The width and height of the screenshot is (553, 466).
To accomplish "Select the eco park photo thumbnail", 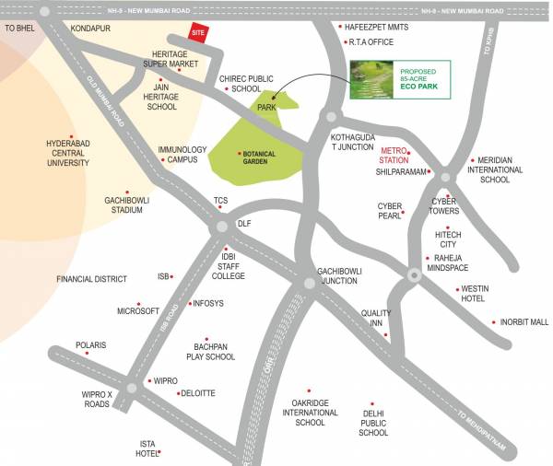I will pos(372,79).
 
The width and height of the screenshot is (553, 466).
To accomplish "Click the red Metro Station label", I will pos(394,155).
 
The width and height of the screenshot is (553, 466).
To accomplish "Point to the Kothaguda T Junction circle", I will pos(330,117).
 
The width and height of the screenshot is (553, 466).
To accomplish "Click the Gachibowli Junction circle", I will pos(310,282).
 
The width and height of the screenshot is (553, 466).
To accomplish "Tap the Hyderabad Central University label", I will pos(68,153).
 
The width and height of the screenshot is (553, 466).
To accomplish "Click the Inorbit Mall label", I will pos(524,322).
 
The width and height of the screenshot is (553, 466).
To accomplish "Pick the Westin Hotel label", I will pos(474,294).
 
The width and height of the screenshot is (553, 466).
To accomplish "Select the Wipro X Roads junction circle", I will pos(132,388).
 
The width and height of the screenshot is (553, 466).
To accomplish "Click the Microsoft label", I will pos(138,311).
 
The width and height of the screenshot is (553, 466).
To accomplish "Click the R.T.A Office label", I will pos(371,42).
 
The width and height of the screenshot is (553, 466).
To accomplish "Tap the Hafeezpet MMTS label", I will pos(376,28).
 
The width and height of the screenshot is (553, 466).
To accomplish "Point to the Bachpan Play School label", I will pos(211,351).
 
